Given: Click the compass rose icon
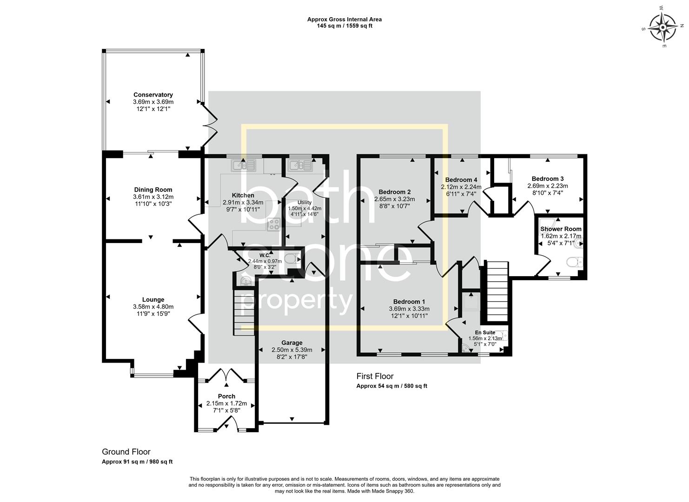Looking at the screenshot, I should [x=662, y=27].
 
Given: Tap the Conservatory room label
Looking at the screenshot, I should [x=153, y=95].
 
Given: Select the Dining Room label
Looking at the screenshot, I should [x=153, y=190].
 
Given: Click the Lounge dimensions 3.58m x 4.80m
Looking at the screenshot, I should [x=153, y=307].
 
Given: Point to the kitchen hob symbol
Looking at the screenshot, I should [x=273, y=225].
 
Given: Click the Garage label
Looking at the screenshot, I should [x=291, y=343].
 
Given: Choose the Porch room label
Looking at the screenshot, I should [x=226, y=396].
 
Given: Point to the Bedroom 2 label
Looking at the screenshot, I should [x=394, y=192].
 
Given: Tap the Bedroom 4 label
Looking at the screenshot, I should [x=461, y=180].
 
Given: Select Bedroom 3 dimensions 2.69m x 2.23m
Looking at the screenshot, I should [x=547, y=186].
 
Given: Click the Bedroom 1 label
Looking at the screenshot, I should [x=409, y=301].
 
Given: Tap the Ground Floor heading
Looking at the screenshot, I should [x=126, y=452].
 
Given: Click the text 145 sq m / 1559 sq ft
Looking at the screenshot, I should [x=344, y=26].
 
